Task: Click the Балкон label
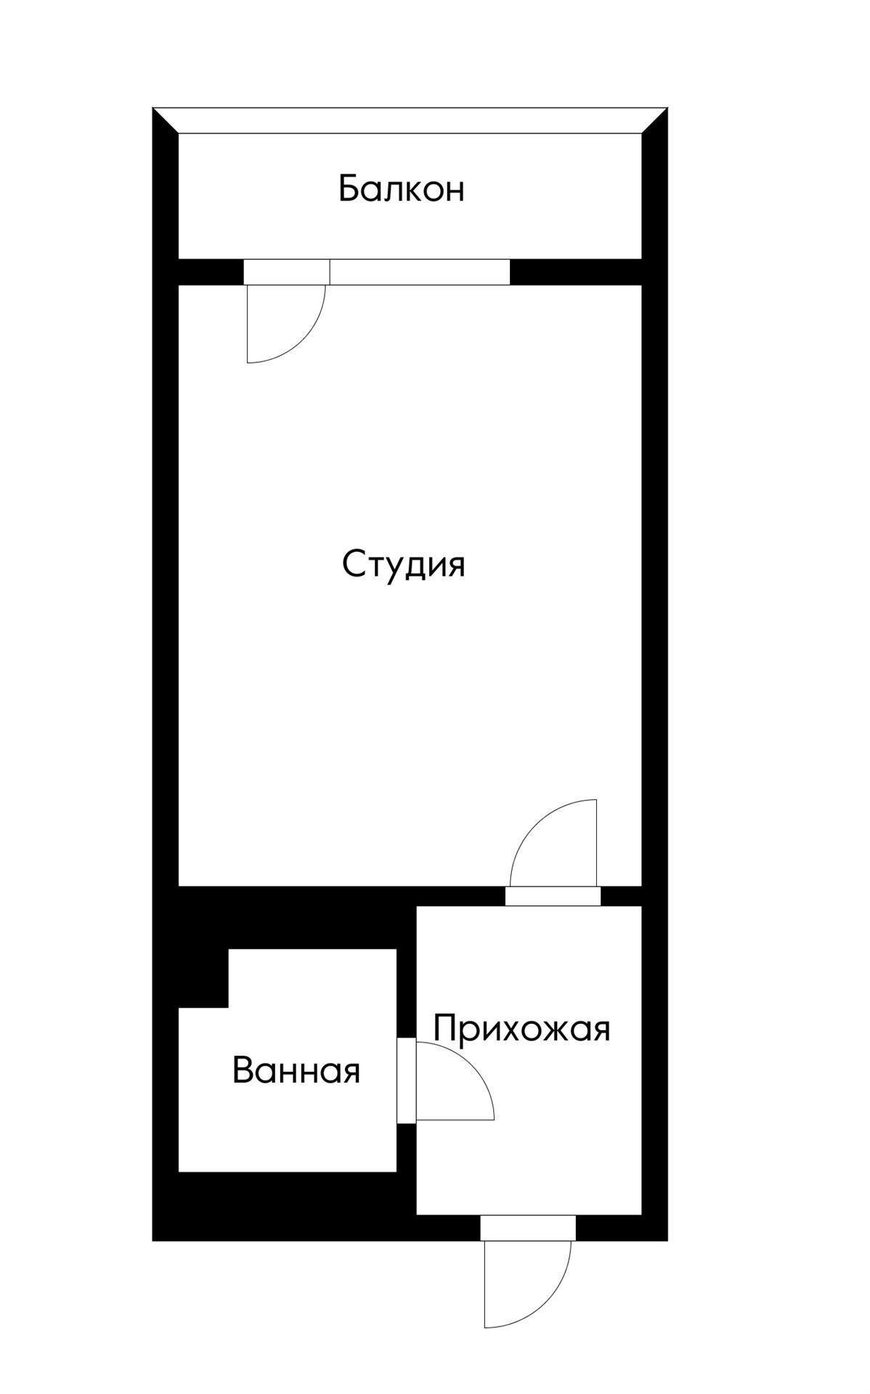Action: tap(401, 189)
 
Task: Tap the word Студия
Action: tap(403, 564)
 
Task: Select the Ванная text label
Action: tap(296, 1071)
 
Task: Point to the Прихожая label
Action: tap(521, 1029)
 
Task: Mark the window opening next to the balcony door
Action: tap(420, 272)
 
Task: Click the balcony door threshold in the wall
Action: tap(286, 272)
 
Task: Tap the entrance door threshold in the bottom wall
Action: tap(528, 1228)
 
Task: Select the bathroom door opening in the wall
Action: tap(406, 1081)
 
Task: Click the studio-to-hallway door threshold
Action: tap(553, 896)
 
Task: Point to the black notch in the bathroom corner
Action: tap(204, 977)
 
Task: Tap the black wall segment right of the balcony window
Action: tap(575, 272)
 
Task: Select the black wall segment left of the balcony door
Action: tap(211, 272)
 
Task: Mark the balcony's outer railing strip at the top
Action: tap(410, 121)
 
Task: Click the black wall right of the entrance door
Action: tap(617, 1228)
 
